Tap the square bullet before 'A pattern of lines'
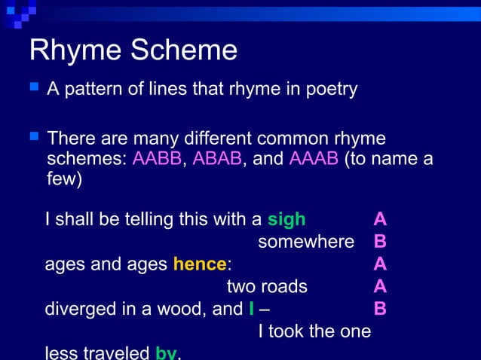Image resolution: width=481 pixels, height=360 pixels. pyautogui.click(x=33, y=88)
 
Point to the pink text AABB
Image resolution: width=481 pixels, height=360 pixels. pyautogui.click(x=157, y=160)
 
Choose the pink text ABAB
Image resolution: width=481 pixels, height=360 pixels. pyautogui.click(x=217, y=160)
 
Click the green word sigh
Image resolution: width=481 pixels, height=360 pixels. pyautogui.click(x=286, y=219)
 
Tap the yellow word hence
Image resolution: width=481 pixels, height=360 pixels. pyautogui.click(x=200, y=264)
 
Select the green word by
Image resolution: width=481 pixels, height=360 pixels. pyautogui.click(x=166, y=352)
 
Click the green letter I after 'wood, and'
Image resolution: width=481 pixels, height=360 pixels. pyautogui.click(x=251, y=309)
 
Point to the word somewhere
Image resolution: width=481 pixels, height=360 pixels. pyautogui.click(x=306, y=242)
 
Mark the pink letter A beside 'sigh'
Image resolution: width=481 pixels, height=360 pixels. pyautogui.click(x=381, y=219)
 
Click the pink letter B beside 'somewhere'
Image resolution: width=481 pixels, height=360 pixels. pyautogui.click(x=381, y=242)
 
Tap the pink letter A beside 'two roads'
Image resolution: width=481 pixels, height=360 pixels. pyautogui.click(x=381, y=286)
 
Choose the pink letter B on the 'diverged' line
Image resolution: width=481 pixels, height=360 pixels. pyautogui.click(x=381, y=309)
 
